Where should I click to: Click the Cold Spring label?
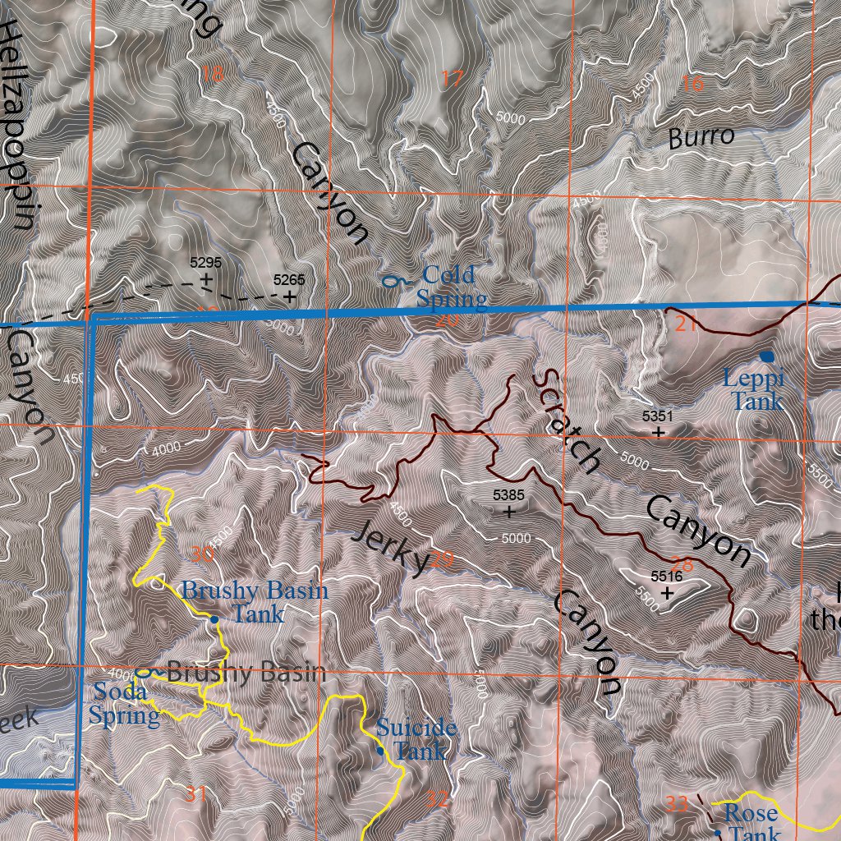pos(451,286)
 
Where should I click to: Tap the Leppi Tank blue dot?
pos(767,356)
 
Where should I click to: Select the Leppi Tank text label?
pos(755,390)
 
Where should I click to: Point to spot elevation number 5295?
pos(205,263)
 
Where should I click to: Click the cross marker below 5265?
pos(290,297)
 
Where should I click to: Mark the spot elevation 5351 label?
pos(657,416)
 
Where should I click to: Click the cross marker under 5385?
pos(509,512)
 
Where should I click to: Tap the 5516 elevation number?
pos(666,577)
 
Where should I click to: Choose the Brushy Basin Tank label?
pos(255,601)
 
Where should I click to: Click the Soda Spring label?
pos(125,704)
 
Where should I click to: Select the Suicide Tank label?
pos(416,738)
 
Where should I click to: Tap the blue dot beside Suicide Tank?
pos(380,751)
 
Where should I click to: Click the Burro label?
pos(701,137)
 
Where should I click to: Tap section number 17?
pos(452,80)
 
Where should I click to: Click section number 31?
pos(195,793)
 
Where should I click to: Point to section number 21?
pos(687,324)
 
